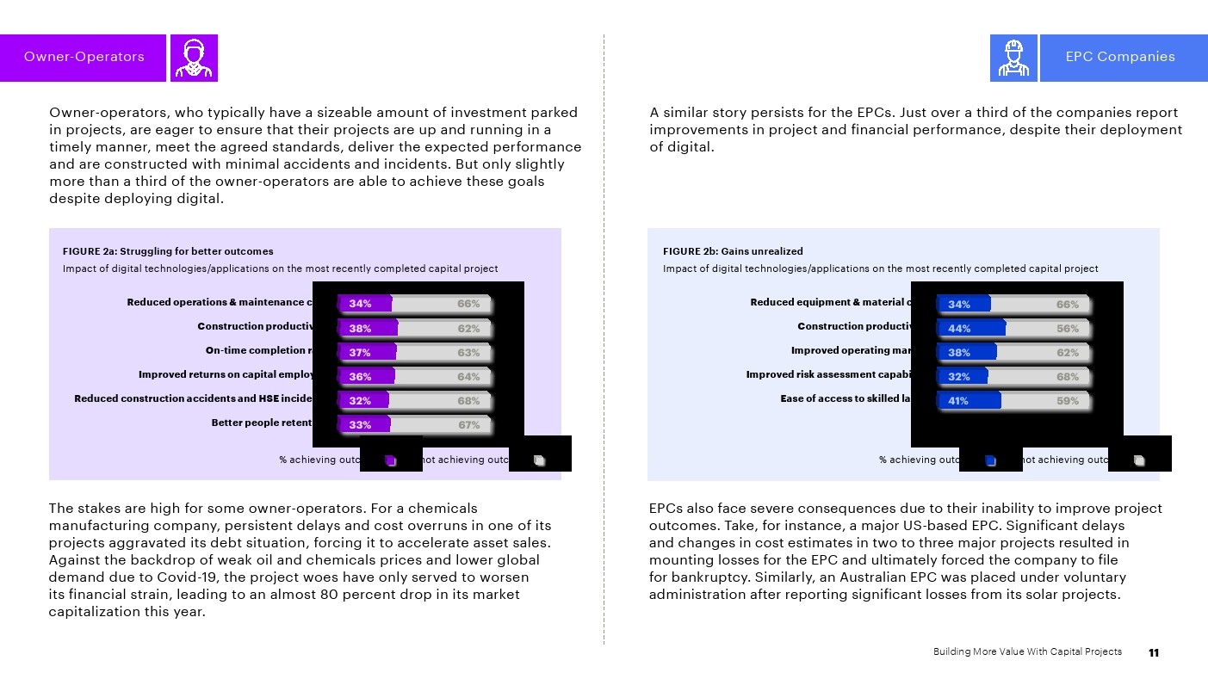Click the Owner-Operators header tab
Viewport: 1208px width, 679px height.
pyautogui.click(x=84, y=58)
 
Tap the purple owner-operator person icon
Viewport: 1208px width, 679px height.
pyautogui.click(x=194, y=58)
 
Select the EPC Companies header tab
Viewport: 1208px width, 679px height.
pyautogui.click(x=1119, y=58)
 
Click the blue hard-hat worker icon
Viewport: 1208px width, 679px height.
pyautogui.click(x=1013, y=58)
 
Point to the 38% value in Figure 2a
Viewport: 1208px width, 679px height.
pyautogui.click(x=360, y=329)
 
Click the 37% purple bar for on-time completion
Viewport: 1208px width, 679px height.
pyautogui.click(x=367, y=352)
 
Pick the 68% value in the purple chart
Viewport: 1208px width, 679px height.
pyautogui.click(x=468, y=401)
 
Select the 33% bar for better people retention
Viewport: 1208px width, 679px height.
pyautogui.click(x=364, y=425)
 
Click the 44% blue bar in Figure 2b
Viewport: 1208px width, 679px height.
pyautogui.click(x=970, y=329)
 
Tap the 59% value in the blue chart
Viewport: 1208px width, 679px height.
pyautogui.click(x=1067, y=401)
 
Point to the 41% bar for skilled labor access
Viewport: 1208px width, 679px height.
pyautogui.click(x=969, y=401)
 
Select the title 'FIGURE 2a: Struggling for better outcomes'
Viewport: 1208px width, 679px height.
pyautogui.click(x=168, y=251)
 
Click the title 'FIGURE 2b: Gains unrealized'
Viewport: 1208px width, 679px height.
pyautogui.click(x=733, y=251)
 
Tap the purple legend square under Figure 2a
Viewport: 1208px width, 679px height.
pyautogui.click(x=390, y=460)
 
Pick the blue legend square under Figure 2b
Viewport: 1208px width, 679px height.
pyautogui.click(x=990, y=460)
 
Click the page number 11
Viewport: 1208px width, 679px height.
pyautogui.click(x=1154, y=652)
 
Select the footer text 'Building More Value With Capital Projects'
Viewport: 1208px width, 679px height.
pyautogui.click(x=1027, y=651)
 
